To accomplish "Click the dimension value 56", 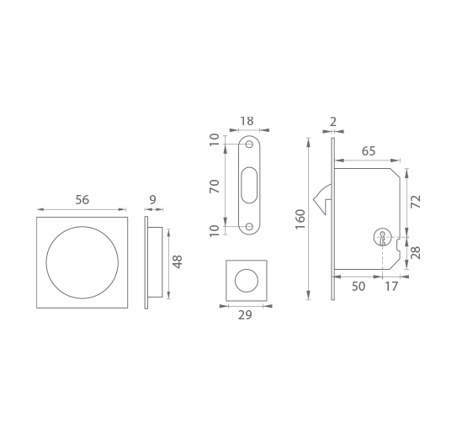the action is (x=82, y=200).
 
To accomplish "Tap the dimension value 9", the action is (x=152, y=199).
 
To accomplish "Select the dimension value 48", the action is (x=178, y=262).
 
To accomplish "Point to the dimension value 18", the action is (x=247, y=121).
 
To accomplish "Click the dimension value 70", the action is (x=215, y=187).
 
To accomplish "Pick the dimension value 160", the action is (x=300, y=219).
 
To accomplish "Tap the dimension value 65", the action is (x=369, y=151).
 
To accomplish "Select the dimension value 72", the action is (x=416, y=202).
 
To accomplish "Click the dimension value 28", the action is (x=416, y=253).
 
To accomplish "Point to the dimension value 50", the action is (x=359, y=287).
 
